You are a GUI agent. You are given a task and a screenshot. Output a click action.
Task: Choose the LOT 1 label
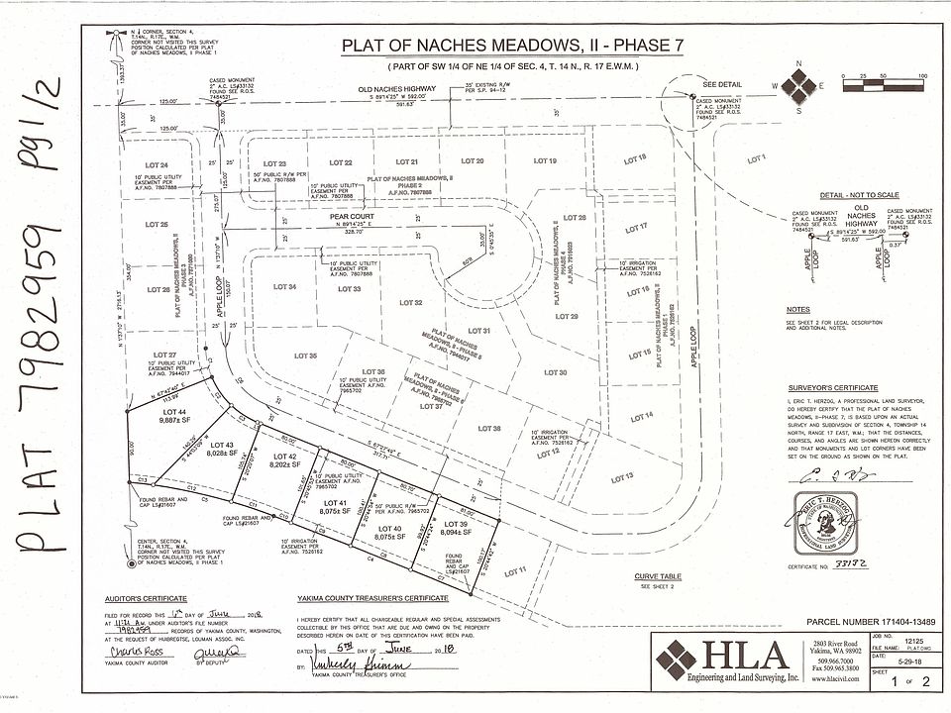click(759, 158)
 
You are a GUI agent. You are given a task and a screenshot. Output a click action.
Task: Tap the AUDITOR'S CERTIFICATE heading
click(146, 599)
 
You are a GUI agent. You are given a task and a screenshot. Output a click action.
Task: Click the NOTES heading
click(797, 310)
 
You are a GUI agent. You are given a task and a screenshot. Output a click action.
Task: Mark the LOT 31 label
click(479, 330)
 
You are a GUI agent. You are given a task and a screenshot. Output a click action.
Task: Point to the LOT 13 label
click(622, 477)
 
